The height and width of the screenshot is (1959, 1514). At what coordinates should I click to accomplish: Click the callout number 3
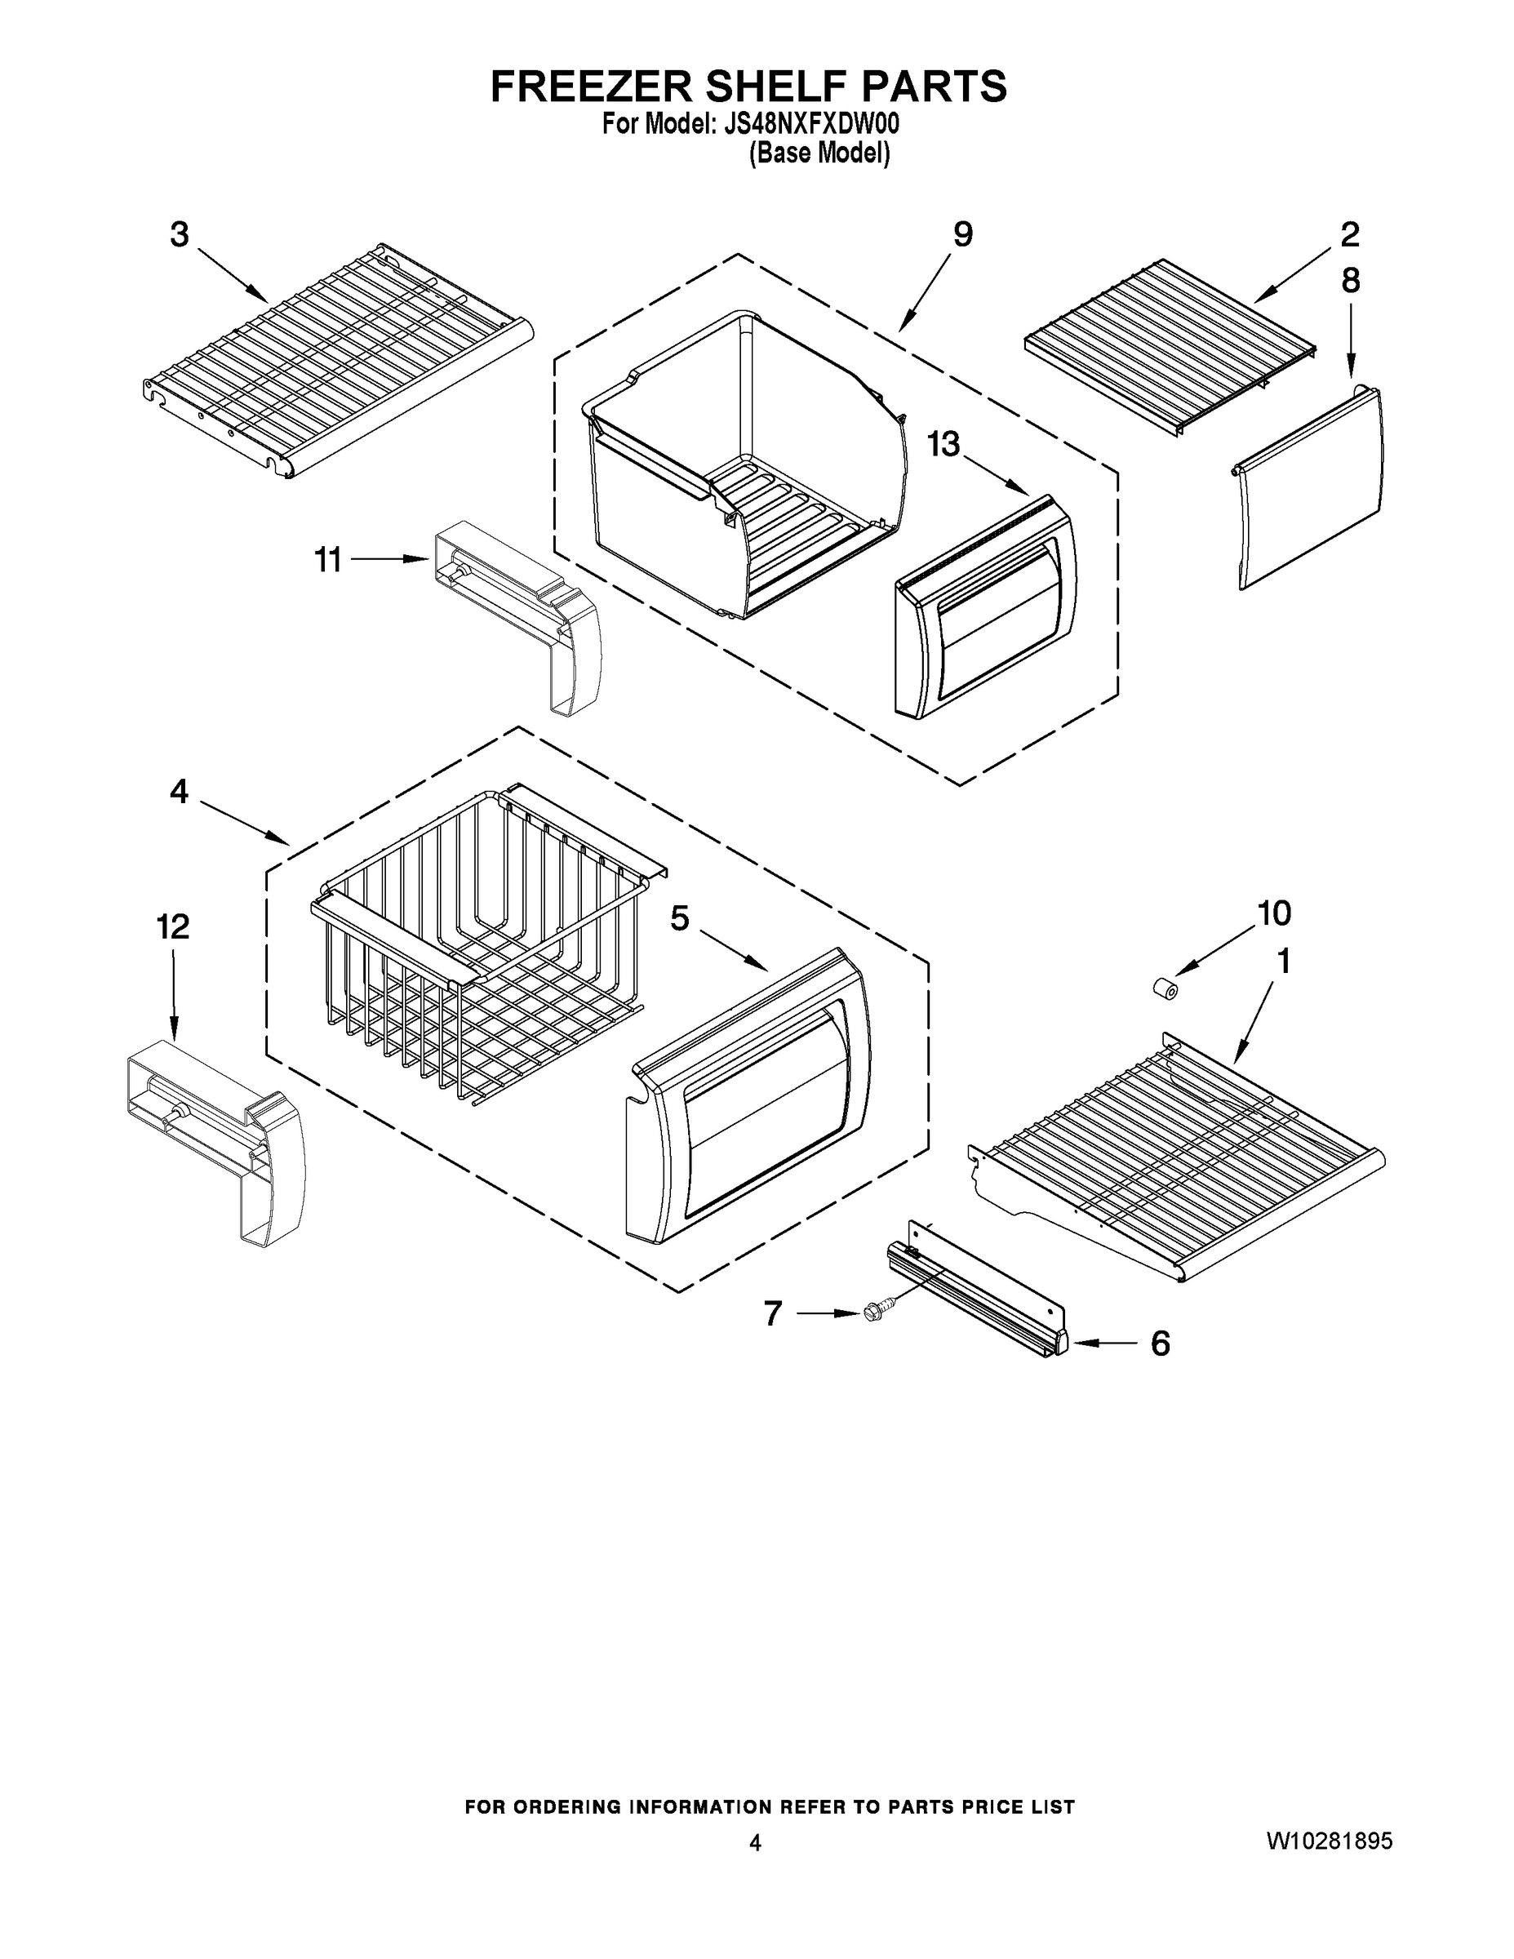click(180, 235)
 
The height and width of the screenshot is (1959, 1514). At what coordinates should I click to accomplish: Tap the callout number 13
click(943, 444)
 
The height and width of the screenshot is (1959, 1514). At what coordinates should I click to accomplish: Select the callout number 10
click(1273, 913)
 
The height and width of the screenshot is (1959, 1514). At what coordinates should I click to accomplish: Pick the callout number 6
click(1160, 1343)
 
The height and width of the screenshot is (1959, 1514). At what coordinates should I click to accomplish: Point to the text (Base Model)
click(819, 153)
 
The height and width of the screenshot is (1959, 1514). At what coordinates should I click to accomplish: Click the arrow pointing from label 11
click(388, 559)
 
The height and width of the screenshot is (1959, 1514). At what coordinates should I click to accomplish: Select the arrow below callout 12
click(173, 996)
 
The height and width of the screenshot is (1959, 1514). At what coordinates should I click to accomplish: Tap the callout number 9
click(961, 235)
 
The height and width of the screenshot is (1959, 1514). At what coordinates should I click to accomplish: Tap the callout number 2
click(1349, 235)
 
